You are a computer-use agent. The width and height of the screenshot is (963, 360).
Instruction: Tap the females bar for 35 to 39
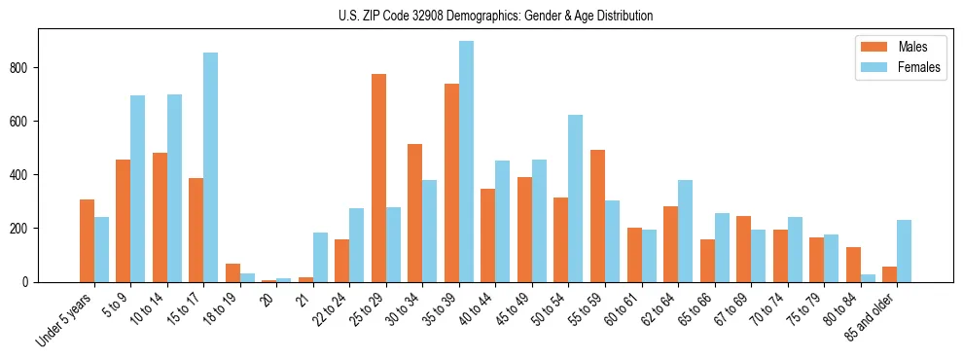[466, 162]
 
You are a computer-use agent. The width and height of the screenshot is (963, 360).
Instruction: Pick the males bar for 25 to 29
[378, 178]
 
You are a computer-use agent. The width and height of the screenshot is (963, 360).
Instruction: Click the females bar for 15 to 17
[210, 167]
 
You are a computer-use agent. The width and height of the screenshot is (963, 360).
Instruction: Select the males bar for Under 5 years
[87, 240]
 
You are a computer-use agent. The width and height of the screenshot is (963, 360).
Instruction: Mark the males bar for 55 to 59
[597, 216]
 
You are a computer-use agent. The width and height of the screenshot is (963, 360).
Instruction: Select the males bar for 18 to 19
[232, 272]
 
